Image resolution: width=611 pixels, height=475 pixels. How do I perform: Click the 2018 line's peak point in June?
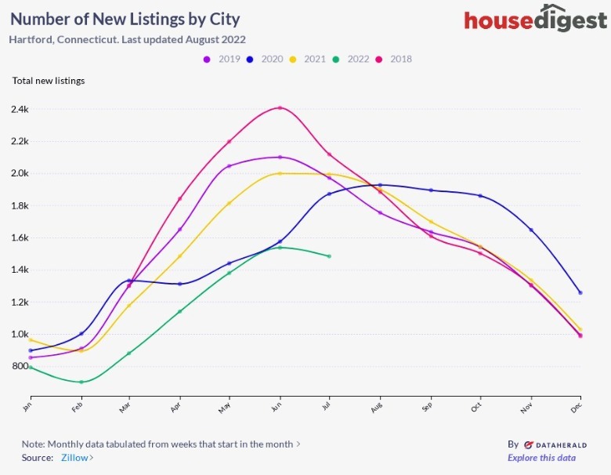pyautogui.click(x=280, y=108)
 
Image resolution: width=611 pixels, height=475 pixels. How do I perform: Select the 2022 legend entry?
pyautogui.click(x=352, y=59)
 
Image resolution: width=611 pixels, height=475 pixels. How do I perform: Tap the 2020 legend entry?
pyautogui.click(x=266, y=59)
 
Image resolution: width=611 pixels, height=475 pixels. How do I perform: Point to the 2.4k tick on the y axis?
pyautogui.click(x=20, y=109)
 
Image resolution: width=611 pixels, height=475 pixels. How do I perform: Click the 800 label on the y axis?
pyautogui.click(x=20, y=366)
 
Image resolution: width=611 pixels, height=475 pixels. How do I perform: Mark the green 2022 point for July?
pyautogui.click(x=329, y=256)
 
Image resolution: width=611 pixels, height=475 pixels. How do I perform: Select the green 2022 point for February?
pyautogui.click(x=81, y=382)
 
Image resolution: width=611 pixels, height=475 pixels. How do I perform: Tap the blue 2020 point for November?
pyautogui.click(x=531, y=230)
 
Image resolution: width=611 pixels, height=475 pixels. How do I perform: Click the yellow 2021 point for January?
pyautogui.click(x=30, y=339)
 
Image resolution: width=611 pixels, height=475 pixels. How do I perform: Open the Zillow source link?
pyautogui.click(x=76, y=458)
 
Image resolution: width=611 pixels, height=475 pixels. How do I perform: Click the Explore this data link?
pyautogui.click(x=541, y=458)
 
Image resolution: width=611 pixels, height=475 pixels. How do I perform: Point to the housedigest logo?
pyautogui.click(x=535, y=20)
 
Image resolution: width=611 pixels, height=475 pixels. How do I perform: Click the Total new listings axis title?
pyautogui.click(x=49, y=80)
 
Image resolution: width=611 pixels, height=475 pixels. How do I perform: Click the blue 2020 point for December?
pyautogui.click(x=580, y=292)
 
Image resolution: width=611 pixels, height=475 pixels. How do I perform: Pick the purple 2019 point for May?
pyautogui.click(x=229, y=166)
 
